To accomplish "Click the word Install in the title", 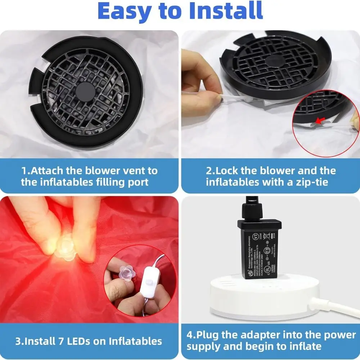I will point(220,12).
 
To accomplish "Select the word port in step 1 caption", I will point(136,182).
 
